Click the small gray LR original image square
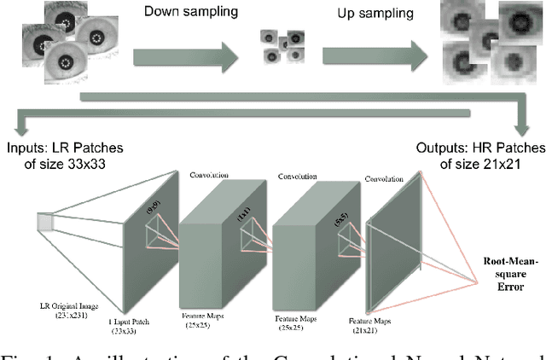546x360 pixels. pos(45,223)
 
